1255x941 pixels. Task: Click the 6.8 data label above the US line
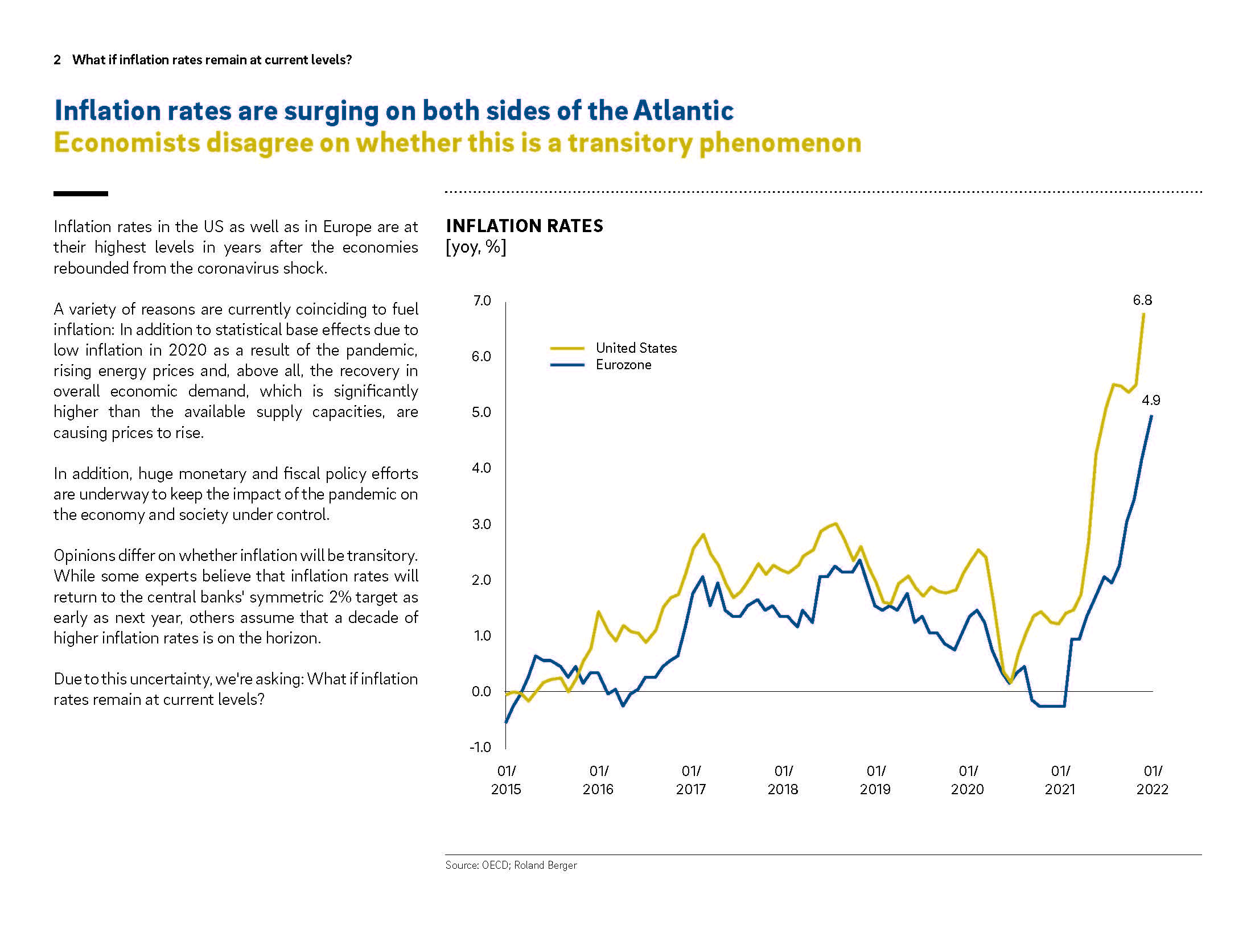(x=1142, y=300)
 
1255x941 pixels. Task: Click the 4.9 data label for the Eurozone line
(x=1151, y=401)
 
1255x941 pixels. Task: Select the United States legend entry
(x=636, y=348)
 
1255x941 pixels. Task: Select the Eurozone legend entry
(x=623, y=365)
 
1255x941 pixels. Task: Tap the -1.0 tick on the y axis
(x=480, y=748)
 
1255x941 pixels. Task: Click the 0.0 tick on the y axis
(x=482, y=692)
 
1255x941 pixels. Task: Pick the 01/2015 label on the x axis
(x=506, y=780)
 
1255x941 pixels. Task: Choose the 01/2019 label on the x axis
(x=875, y=780)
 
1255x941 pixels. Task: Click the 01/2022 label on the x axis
(x=1153, y=780)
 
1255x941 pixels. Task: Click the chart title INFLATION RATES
(x=524, y=226)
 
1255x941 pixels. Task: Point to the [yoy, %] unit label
(x=476, y=247)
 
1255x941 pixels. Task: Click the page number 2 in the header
(x=57, y=60)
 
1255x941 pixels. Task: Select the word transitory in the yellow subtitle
(x=629, y=143)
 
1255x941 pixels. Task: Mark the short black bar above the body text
(x=81, y=194)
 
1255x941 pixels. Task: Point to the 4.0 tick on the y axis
(x=482, y=468)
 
